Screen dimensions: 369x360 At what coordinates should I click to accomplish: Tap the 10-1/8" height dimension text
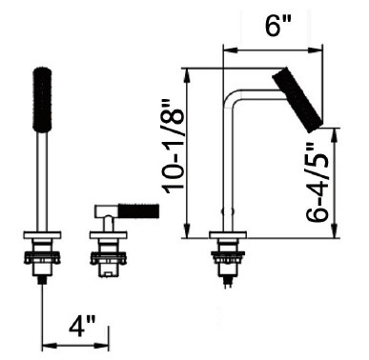(174, 146)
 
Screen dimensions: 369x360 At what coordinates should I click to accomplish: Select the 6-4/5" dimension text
(318, 181)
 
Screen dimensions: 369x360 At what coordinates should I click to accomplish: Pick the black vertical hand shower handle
(42, 99)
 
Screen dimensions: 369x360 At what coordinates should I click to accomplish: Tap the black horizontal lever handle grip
(138, 210)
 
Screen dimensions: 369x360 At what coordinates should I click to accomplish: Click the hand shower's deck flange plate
(42, 235)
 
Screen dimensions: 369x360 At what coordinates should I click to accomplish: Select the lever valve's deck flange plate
(108, 235)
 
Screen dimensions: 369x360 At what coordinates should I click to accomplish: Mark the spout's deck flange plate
(228, 235)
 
